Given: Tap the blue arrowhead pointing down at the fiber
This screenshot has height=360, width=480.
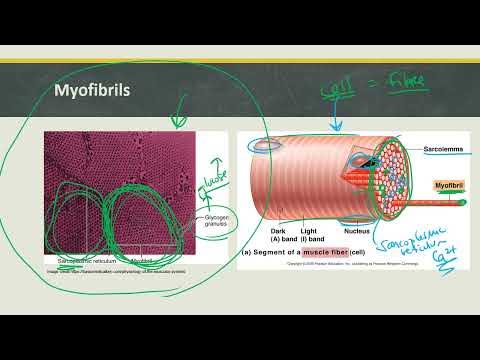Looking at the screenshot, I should (335, 127).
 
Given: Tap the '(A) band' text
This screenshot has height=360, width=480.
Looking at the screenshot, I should (283, 239).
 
